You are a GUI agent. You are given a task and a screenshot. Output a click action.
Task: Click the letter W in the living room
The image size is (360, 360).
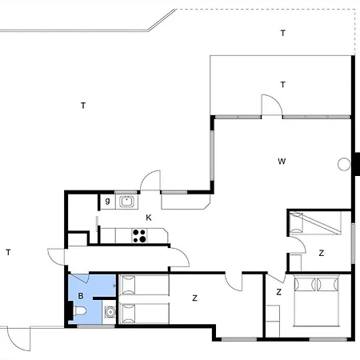tap(282, 161)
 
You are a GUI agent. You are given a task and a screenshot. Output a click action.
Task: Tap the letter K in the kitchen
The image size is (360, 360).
tap(148, 218)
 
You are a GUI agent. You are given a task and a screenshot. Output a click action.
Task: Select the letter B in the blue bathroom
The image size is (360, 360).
tap(81, 297)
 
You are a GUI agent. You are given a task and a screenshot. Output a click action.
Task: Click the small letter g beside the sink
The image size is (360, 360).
tap(107, 202)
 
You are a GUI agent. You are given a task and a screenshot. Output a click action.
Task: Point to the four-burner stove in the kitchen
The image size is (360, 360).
tap(139, 235)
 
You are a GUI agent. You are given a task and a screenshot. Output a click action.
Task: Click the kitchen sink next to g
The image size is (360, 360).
tap(126, 202)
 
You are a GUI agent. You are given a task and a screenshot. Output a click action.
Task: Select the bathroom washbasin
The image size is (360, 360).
tap(110, 312)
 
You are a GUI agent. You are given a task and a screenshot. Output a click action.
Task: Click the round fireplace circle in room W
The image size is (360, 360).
tap(344, 164)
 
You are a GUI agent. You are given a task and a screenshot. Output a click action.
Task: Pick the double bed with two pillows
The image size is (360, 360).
tap(318, 299)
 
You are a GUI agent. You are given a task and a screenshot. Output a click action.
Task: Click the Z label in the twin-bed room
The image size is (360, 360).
tap(194, 298)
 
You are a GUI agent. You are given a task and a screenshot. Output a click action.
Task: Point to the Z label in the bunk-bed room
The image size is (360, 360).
tap(322, 253)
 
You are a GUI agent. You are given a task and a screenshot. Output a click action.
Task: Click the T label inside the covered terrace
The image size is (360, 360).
tap(282, 84)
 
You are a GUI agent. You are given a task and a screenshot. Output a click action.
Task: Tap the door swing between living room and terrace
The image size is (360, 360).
tap(272, 104)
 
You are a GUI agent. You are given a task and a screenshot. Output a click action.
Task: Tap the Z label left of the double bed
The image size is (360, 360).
tap(278, 292)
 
